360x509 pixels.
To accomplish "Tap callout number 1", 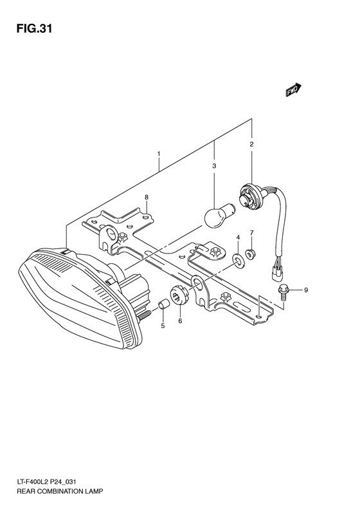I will point(158,154).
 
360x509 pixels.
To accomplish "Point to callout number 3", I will point(214,167).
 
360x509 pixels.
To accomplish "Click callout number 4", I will point(238,238).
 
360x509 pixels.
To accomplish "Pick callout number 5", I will point(163,326).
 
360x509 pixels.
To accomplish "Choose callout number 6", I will point(180,320).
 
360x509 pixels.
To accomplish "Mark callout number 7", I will point(252,232).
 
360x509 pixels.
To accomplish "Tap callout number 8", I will point(147,197).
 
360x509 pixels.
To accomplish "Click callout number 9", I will point(306,290).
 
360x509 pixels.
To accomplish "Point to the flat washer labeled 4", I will point(238,259).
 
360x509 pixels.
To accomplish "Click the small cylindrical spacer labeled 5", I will point(163,303).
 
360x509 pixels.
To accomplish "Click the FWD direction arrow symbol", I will point(294,91).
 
